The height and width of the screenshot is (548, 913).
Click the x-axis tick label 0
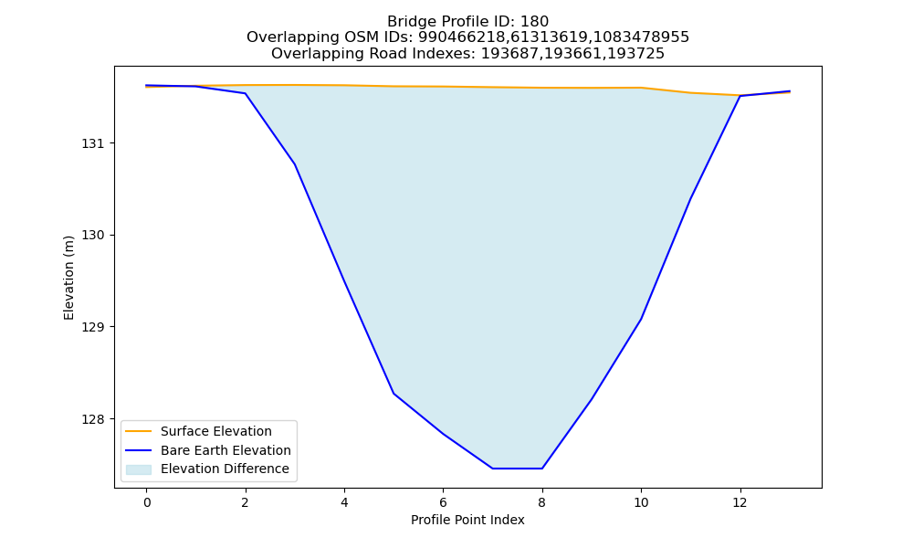point(147,502)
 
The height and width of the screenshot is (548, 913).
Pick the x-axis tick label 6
point(443,502)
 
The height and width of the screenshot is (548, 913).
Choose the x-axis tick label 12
point(740,502)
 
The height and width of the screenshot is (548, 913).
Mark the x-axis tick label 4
point(344,502)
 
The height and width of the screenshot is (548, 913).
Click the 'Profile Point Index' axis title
point(467,520)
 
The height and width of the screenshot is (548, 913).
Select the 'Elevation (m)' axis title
point(68,278)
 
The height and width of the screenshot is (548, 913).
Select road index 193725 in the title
point(635,54)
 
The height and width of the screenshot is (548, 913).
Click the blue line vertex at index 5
point(394,394)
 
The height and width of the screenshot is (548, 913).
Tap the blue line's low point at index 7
point(493,469)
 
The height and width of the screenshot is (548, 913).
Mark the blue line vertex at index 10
point(641,319)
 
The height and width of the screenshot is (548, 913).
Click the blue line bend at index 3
point(295,164)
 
